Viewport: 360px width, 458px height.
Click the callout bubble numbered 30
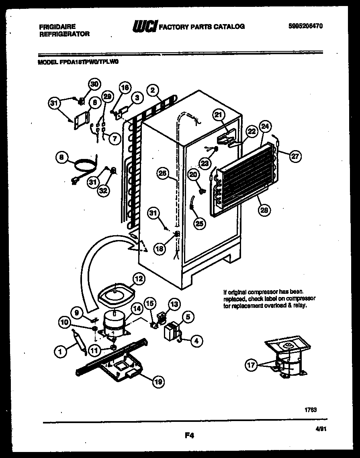[x=94, y=84]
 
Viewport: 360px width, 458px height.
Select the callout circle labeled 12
[x=139, y=278]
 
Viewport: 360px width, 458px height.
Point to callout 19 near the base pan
[x=158, y=382]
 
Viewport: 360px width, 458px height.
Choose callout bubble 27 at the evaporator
[x=295, y=157]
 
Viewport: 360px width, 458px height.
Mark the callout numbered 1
[x=60, y=352]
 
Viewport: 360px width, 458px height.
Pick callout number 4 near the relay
[x=196, y=342]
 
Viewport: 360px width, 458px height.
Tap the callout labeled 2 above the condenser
[x=152, y=90]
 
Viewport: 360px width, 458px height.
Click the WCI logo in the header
[x=145, y=26]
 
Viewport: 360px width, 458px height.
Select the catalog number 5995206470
[x=306, y=26]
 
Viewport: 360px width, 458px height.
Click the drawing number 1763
[x=311, y=409]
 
